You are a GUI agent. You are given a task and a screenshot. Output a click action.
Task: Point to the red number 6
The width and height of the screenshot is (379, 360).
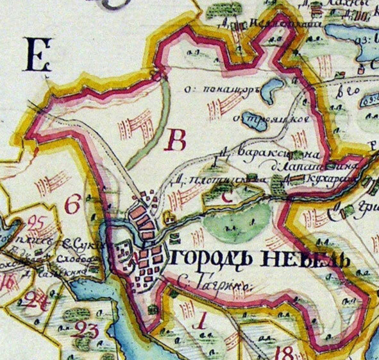tap(73, 205)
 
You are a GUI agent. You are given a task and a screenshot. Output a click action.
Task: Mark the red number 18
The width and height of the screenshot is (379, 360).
tap(286, 352)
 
